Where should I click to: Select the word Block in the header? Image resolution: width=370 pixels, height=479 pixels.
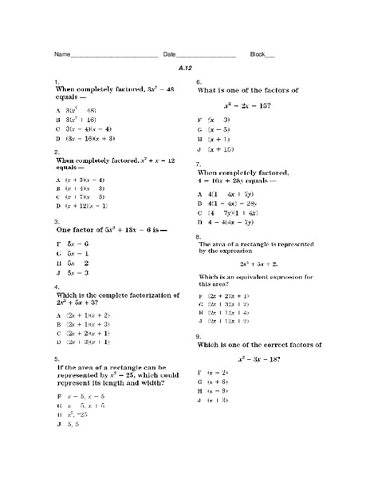(257, 54)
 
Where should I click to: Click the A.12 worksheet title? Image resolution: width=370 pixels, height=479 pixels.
(186, 69)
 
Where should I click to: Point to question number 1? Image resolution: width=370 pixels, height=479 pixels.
(56, 82)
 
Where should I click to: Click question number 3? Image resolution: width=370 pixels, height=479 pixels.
(56, 221)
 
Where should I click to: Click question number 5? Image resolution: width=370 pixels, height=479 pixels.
(56, 358)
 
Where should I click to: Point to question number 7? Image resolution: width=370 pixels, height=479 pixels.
(199, 163)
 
